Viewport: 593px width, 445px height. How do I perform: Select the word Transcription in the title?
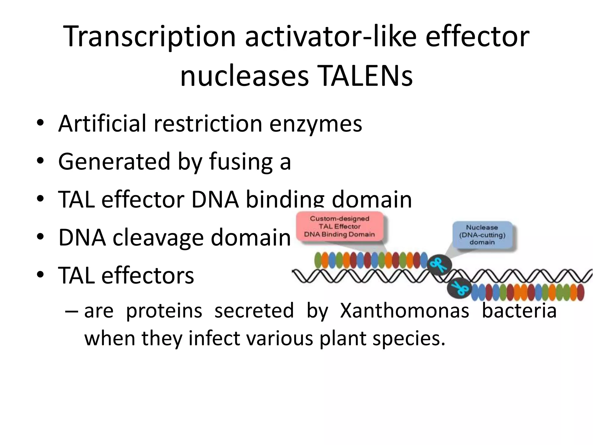pos(149,37)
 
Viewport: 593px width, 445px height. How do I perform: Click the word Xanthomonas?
pos(404,311)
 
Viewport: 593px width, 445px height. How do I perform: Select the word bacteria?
pos(519,311)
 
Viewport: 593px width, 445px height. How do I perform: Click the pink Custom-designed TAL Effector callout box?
pos(339,227)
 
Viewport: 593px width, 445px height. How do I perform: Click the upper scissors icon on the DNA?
pos(439,265)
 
